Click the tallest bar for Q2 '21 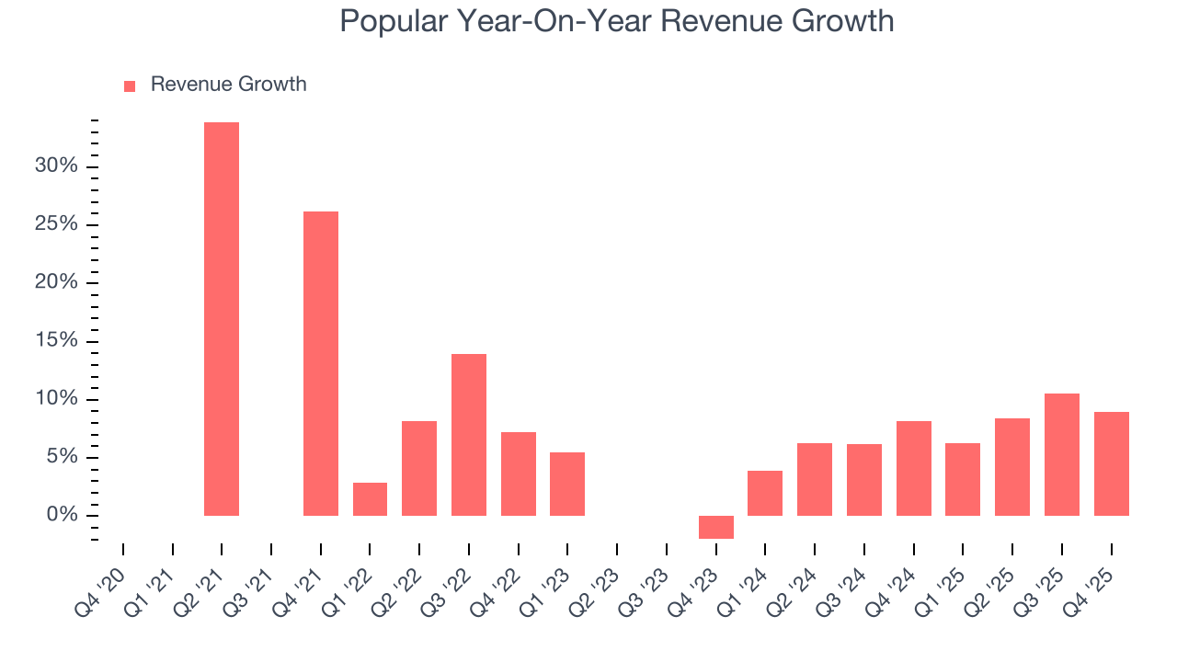click(x=222, y=318)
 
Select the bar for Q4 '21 click(x=321, y=363)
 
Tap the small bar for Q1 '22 click(x=370, y=498)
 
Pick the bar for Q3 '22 click(x=469, y=434)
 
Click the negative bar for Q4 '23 click(x=716, y=527)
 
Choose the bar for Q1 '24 click(x=765, y=493)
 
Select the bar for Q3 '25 click(x=1062, y=454)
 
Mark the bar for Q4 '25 click(x=1111, y=463)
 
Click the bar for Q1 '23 click(x=567, y=484)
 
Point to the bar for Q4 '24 click(x=914, y=468)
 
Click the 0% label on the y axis click(x=62, y=515)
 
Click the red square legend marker click(x=130, y=86)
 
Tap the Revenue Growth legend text click(x=228, y=85)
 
